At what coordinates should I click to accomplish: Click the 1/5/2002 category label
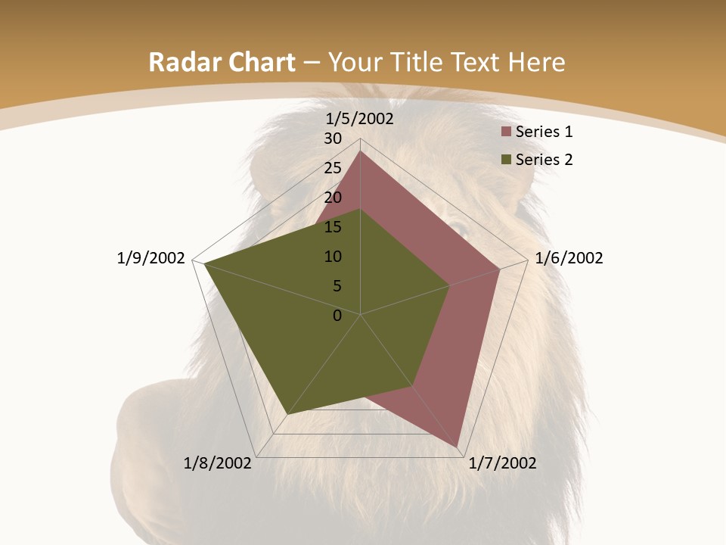coord(360,119)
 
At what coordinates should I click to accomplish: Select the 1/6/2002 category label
coord(569,258)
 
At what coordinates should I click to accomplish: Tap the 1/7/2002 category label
coord(502,463)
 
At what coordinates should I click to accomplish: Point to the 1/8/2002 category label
coord(218,463)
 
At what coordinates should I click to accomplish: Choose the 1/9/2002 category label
coord(151,258)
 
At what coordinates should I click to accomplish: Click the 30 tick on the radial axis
coord(333,139)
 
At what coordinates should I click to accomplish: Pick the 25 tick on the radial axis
coord(333,168)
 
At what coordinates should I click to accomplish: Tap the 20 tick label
coord(333,198)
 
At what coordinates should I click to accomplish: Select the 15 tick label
coord(333,227)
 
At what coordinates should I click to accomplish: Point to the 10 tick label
coord(333,257)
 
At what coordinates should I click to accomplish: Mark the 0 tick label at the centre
coord(337,316)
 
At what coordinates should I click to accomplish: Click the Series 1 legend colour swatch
coord(507,132)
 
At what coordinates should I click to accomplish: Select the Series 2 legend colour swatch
coord(507,160)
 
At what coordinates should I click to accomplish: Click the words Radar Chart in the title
coord(222,62)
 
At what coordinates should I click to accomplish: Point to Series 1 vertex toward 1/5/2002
coord(360,151)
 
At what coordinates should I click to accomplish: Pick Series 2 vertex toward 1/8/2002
coord(287,414)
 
